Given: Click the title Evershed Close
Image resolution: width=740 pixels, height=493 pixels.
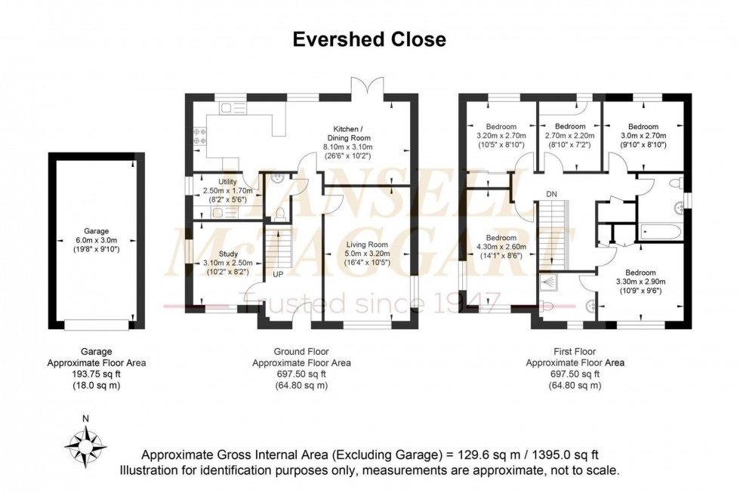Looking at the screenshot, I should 369,39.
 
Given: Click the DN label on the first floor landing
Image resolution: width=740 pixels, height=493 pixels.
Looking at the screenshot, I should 552,194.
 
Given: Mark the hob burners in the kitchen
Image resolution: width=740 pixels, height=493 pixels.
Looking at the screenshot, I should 202,135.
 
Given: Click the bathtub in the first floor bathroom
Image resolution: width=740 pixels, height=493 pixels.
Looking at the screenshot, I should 661,232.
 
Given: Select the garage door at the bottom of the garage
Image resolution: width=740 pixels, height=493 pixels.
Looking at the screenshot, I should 96,325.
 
